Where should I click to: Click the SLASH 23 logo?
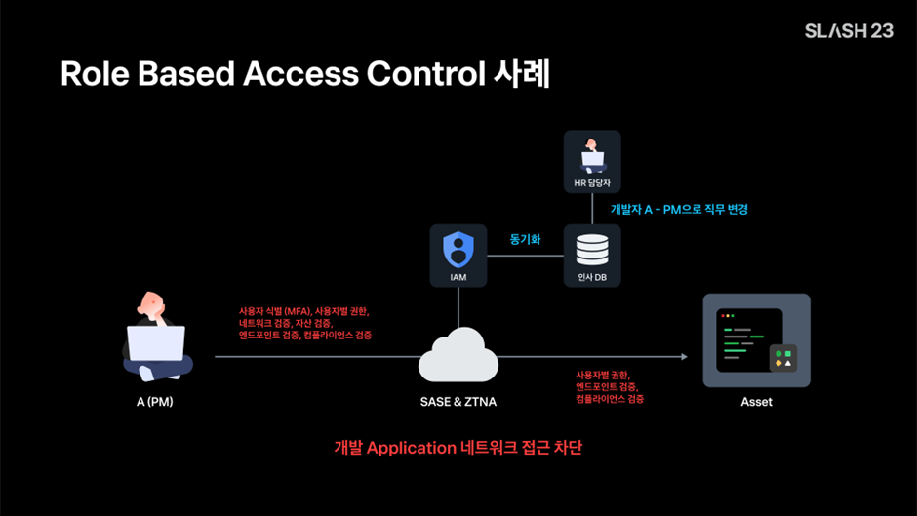[x=848, y=30]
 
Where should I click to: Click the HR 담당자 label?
[x=592, y=183]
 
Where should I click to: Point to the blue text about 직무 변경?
[x=679, y=209]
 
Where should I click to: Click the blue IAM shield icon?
[x=458, y=249]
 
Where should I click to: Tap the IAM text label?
[x=458, y=278]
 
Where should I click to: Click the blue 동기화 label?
[x=525, y=238]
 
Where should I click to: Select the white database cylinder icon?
[x=592, y=250]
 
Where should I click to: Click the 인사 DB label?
[x=592, y=278]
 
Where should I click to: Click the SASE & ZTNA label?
[x=458, y=402]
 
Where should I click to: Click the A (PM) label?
[x=155, y=402]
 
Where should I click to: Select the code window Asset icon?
[x=756, y=340]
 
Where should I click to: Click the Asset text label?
[x=756, y=402]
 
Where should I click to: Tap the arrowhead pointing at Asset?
[x=684, y=357]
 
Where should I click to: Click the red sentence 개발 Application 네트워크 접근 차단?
[x=458, y=448]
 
